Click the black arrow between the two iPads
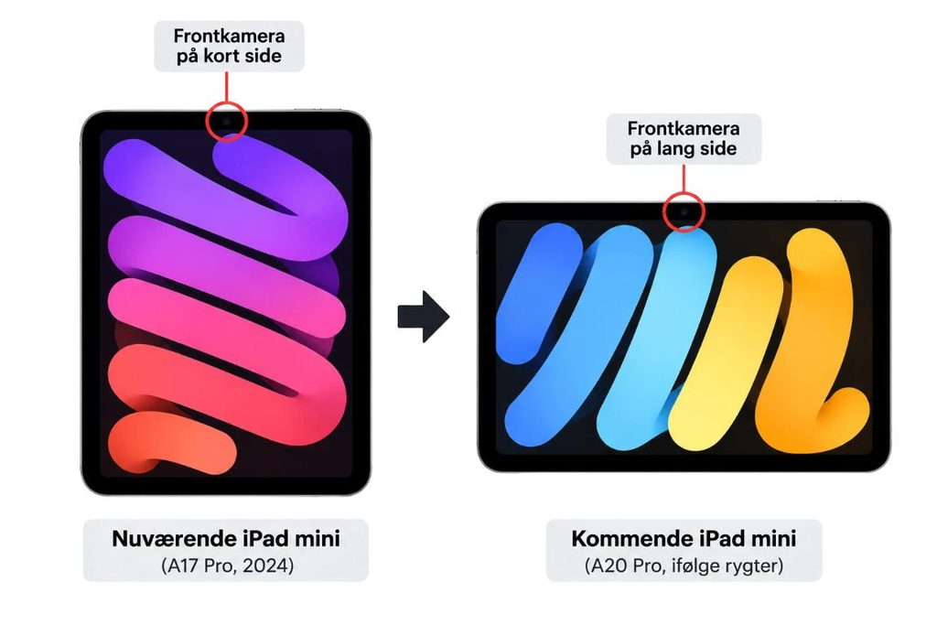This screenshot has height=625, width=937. pos(424,317)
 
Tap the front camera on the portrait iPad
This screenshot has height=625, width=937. pos(227,121)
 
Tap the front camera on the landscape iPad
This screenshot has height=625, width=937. pos(684,211)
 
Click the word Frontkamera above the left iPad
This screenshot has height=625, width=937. pos(229,36)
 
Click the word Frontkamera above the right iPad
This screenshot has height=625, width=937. pos(684,128)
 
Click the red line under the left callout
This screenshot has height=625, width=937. pos(227,87)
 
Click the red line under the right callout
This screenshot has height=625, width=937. pos(684,178)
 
